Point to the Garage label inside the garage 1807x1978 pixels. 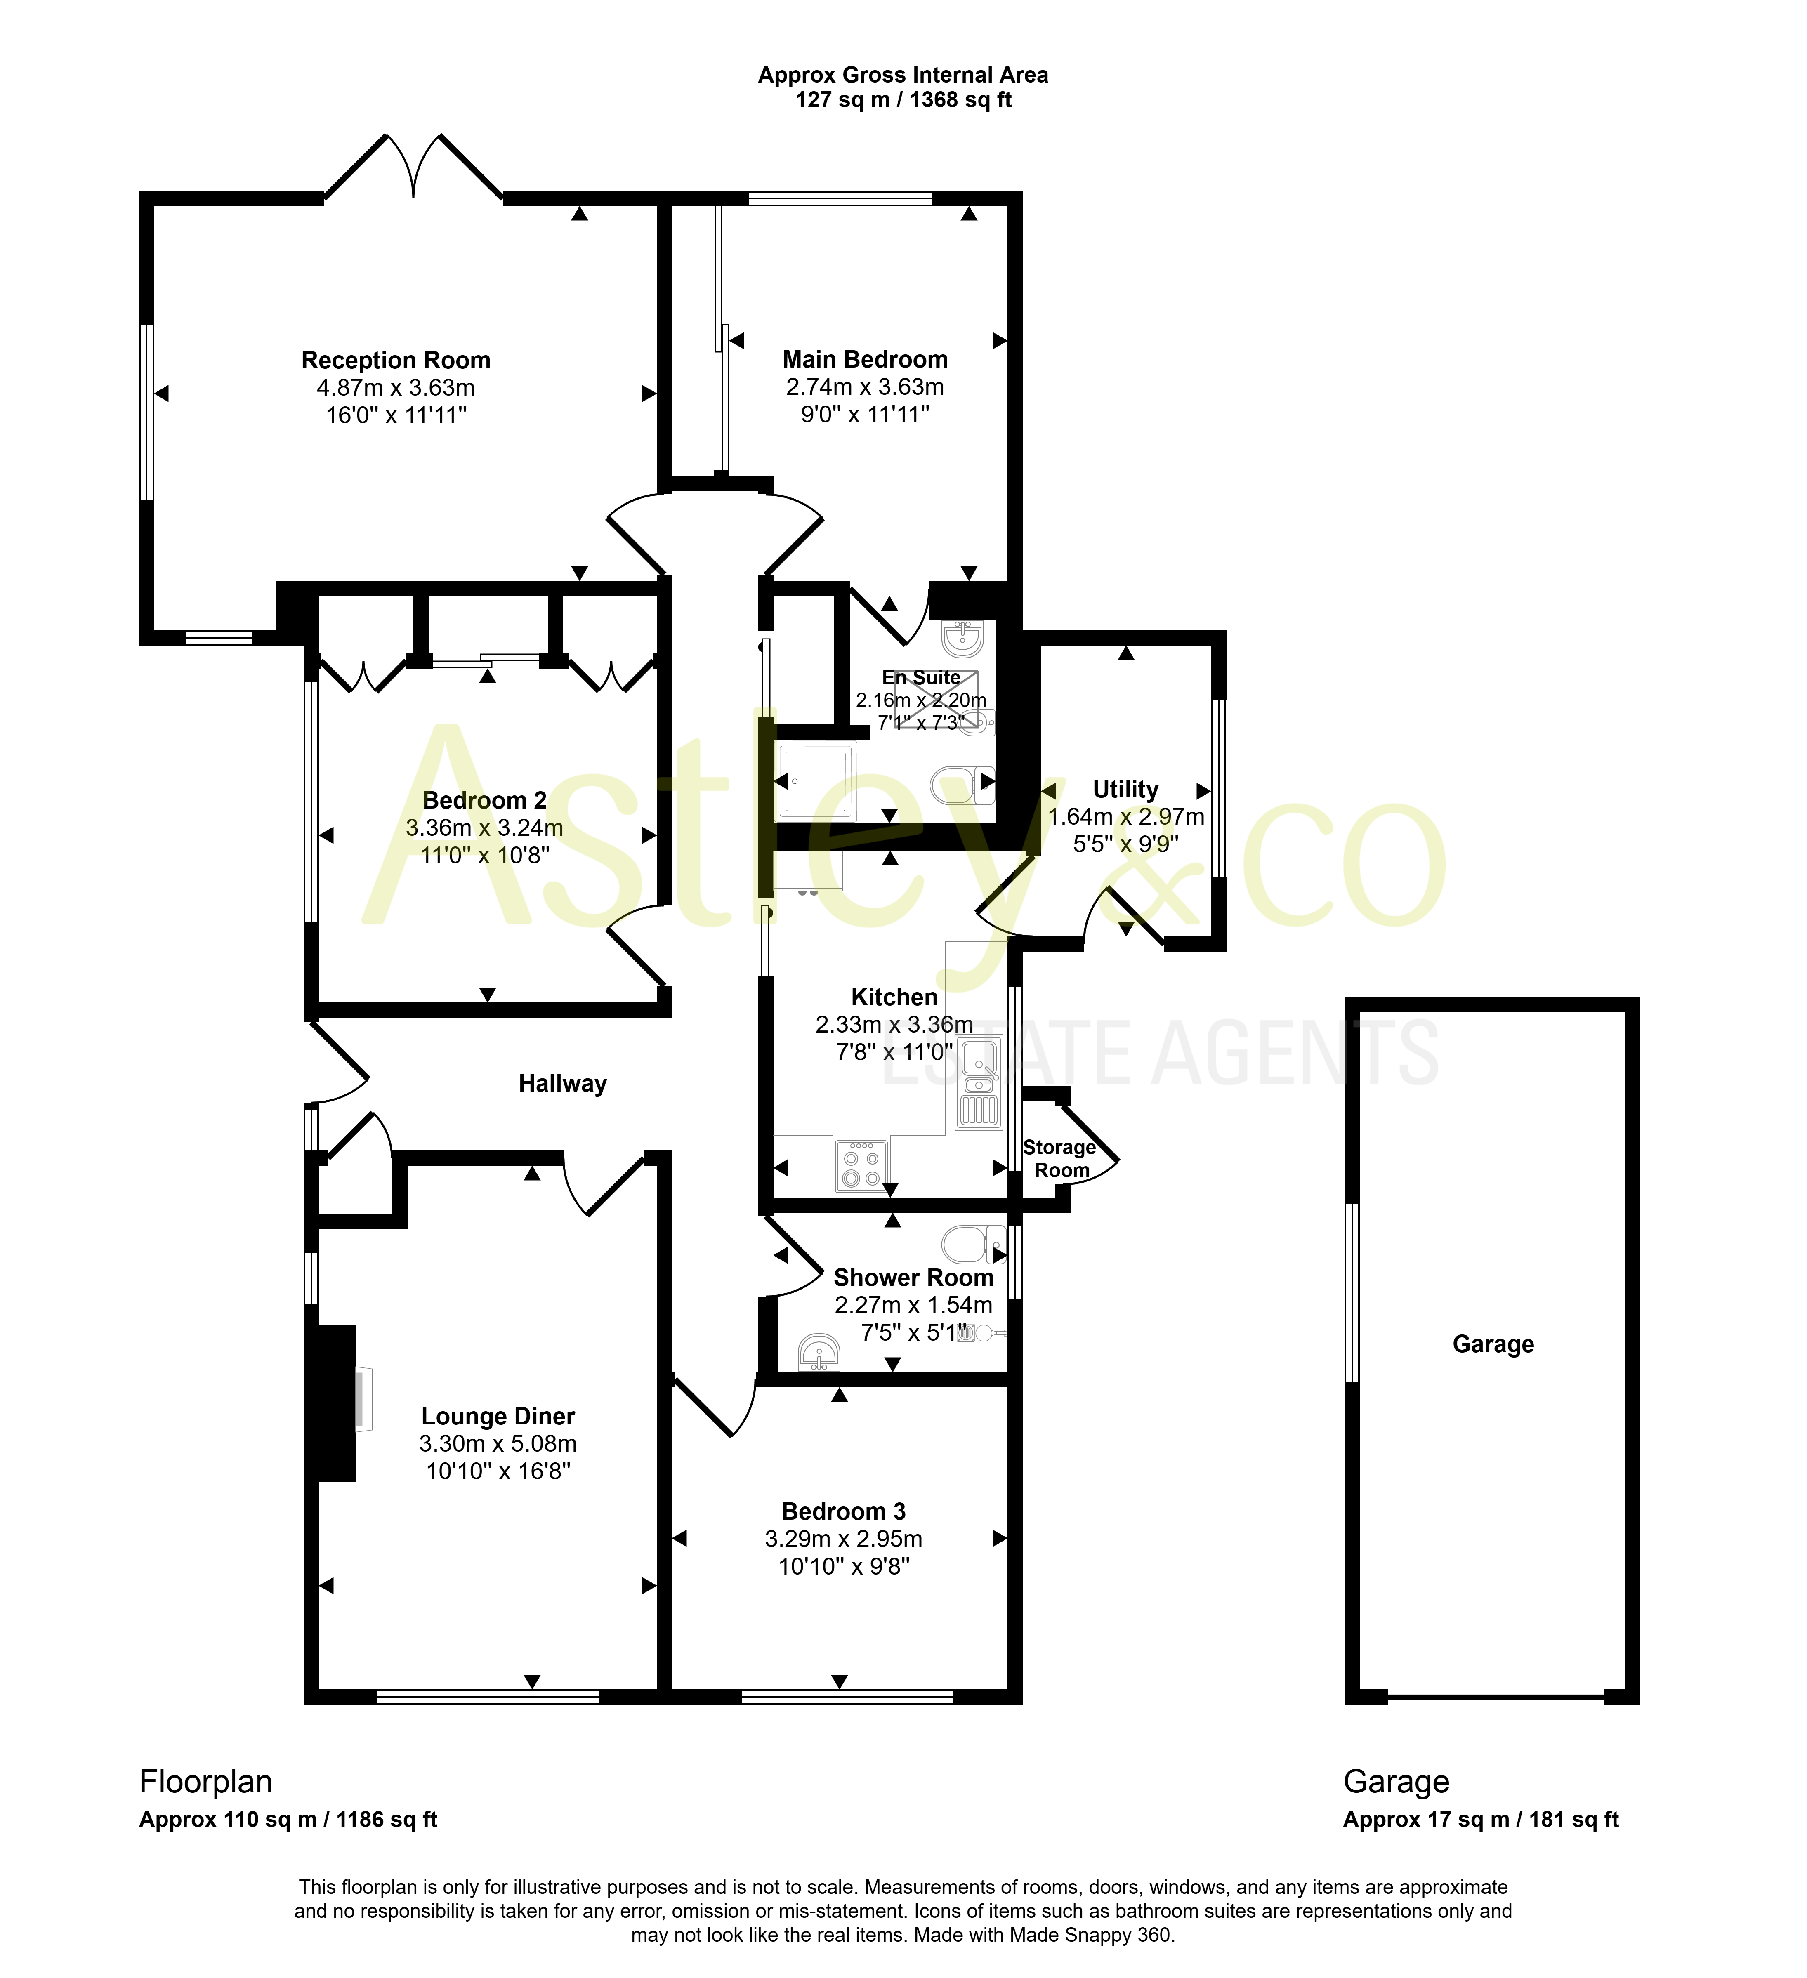pos(1493,1344)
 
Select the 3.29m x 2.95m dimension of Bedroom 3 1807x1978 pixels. pos(844,1538)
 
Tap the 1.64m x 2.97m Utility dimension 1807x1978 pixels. pos(1126,816)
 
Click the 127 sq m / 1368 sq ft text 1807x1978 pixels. pos(903,100)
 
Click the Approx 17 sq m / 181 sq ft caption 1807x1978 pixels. pos(1480,1820)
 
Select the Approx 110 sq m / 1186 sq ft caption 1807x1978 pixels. pos(288,1820)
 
